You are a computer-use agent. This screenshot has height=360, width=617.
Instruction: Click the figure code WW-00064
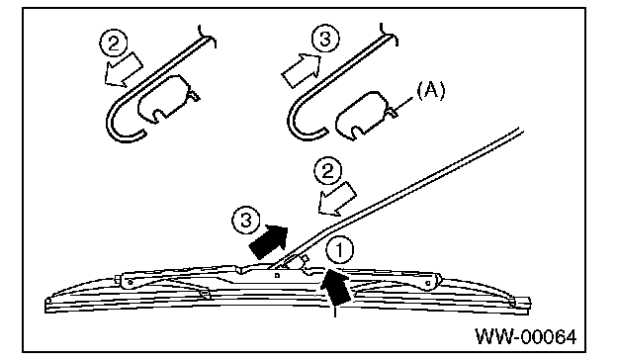coord(526,337)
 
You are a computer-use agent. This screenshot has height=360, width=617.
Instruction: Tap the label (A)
coord(431,91)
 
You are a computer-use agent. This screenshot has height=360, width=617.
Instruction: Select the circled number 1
coord(339,249)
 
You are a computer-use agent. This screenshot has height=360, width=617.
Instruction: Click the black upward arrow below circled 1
coord(335,288)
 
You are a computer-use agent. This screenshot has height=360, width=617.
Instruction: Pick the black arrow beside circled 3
coord(269,241)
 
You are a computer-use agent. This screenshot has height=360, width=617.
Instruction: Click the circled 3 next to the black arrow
coord(246,221)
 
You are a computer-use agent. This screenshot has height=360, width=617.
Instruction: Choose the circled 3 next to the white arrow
coord(325,39)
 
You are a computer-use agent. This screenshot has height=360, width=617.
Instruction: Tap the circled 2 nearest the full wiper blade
coord(328,172)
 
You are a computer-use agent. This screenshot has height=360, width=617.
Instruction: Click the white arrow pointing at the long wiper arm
coord(337,199)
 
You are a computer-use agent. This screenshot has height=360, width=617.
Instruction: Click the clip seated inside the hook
coord(168,99)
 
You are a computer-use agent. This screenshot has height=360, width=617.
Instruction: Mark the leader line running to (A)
coord(404,103)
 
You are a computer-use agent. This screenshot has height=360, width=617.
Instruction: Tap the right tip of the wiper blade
coord(529,305)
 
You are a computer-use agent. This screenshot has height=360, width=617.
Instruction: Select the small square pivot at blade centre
coord(277,275)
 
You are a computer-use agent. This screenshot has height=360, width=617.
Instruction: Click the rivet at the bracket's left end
coord(131,282)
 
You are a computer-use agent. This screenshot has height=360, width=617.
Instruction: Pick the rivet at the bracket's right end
coord(428,283)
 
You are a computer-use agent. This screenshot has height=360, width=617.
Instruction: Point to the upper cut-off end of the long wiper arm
coord(520,131)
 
